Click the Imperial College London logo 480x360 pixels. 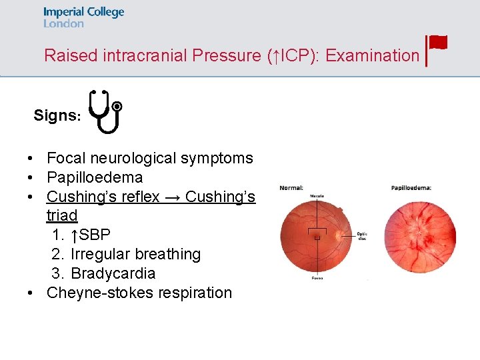[83, 17]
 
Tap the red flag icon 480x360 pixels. [437, 44]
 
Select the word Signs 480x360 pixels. [56, 115]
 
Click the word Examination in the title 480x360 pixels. [372, 55]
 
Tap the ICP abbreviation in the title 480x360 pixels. [292, 55]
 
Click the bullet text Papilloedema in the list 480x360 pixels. [95, 177]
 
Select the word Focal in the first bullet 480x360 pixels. [65, 158]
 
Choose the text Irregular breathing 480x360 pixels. [135, 254]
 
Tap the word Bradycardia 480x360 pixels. [113, 273]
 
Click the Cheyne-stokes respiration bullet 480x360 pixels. [139, 293]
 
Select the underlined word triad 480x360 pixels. [62, 215]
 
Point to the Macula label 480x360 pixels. [317, 195]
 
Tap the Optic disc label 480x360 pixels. [362, 235]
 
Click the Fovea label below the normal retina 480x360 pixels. [317, 278]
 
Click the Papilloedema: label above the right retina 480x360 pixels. [411, 187]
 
